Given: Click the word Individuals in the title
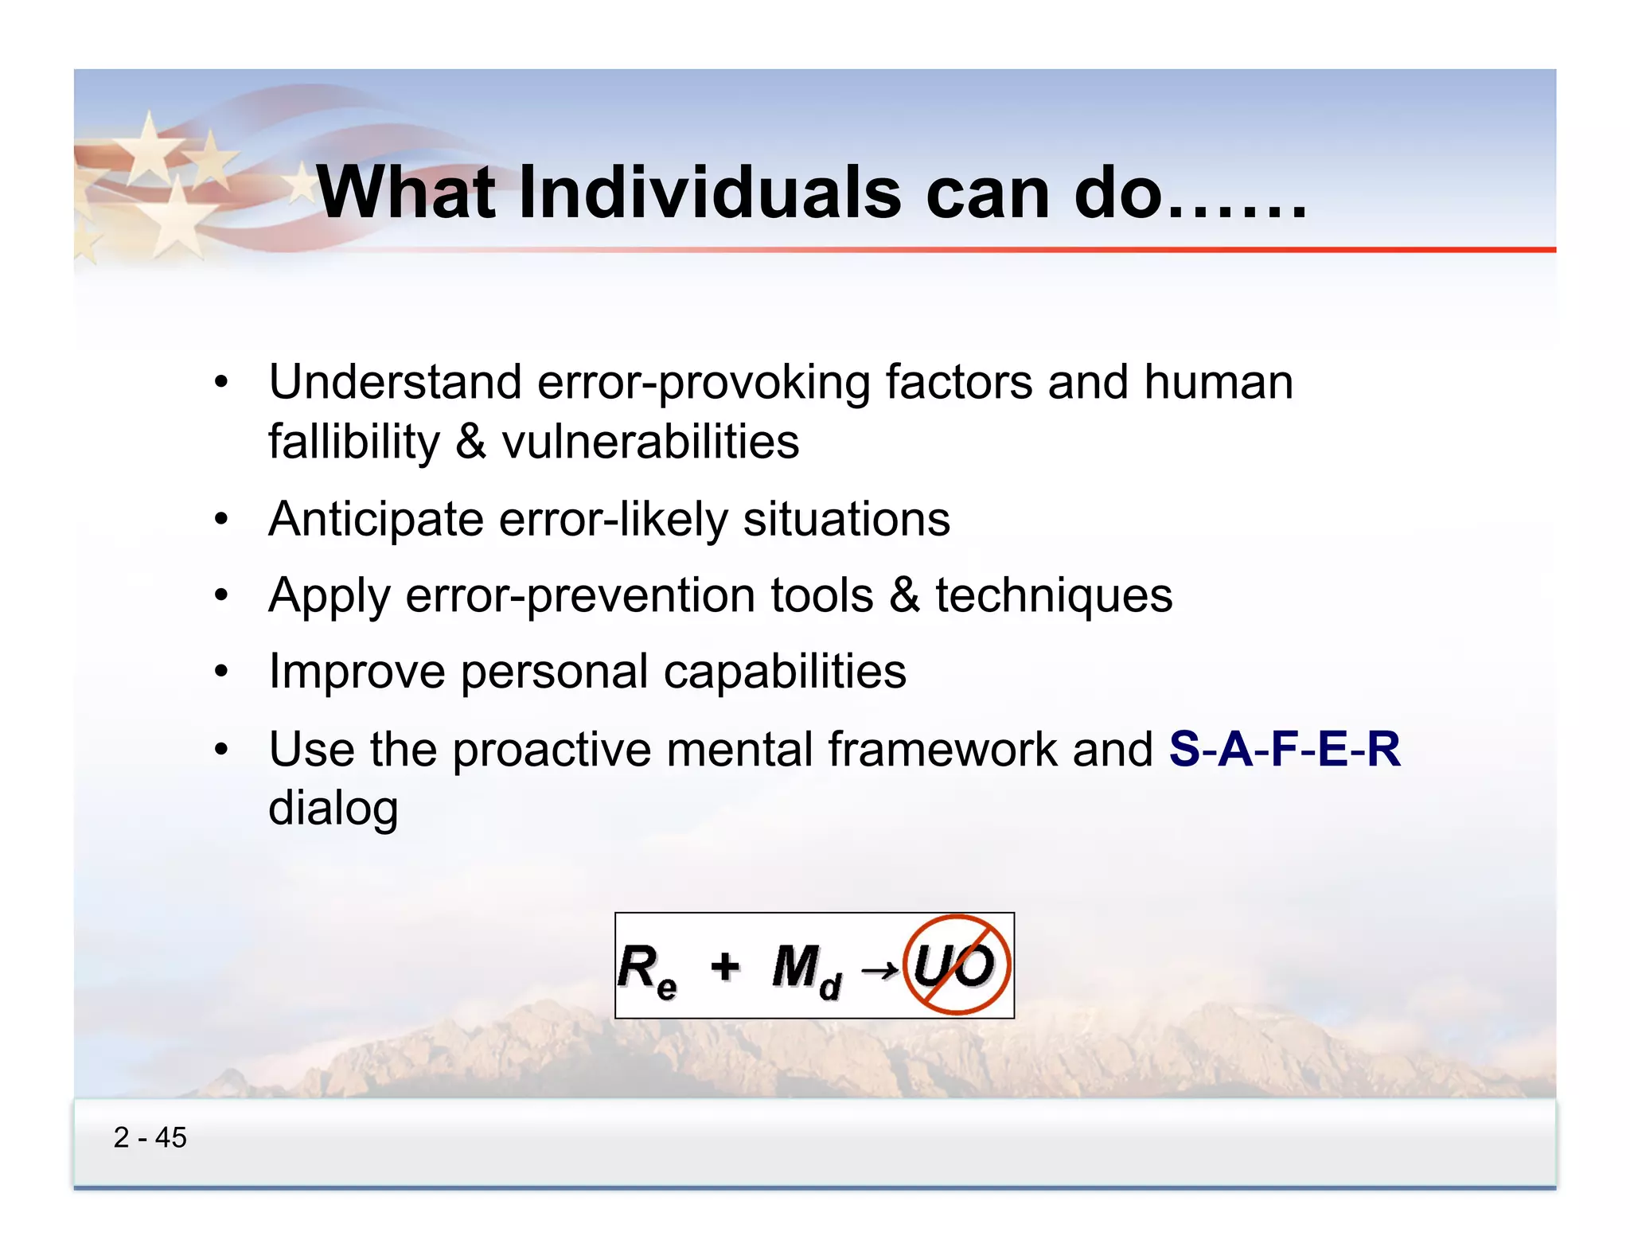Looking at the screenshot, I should click(x=710, y=193).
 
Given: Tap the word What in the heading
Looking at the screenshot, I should click(x=406, y=193).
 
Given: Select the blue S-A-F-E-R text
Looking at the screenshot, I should click(x=1284, y=749).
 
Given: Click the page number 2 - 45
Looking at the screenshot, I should click(x=150, y=1137).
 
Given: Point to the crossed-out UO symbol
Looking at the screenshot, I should click(x=957, y=965).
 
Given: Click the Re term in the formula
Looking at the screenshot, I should click(x=647, y=969).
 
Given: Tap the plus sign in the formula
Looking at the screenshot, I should click(x=725, y=965).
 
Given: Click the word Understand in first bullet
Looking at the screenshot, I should click(x=395, y=382).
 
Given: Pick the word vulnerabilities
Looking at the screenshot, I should click(x=649, y=442).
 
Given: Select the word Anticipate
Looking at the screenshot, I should click(x=376, y=520).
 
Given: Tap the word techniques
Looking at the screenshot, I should click(x=1053, y=595).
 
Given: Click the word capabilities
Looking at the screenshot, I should click(x=785, y=672).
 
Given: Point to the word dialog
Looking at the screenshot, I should click(x=333, y=809).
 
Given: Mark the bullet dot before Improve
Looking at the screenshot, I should click(x=221, y=671).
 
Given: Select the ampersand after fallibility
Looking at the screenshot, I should click(x=470, y=442).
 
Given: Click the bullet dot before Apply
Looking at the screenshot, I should click(x=221, y=594).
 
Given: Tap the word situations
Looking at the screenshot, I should click(x=846, y=520).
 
